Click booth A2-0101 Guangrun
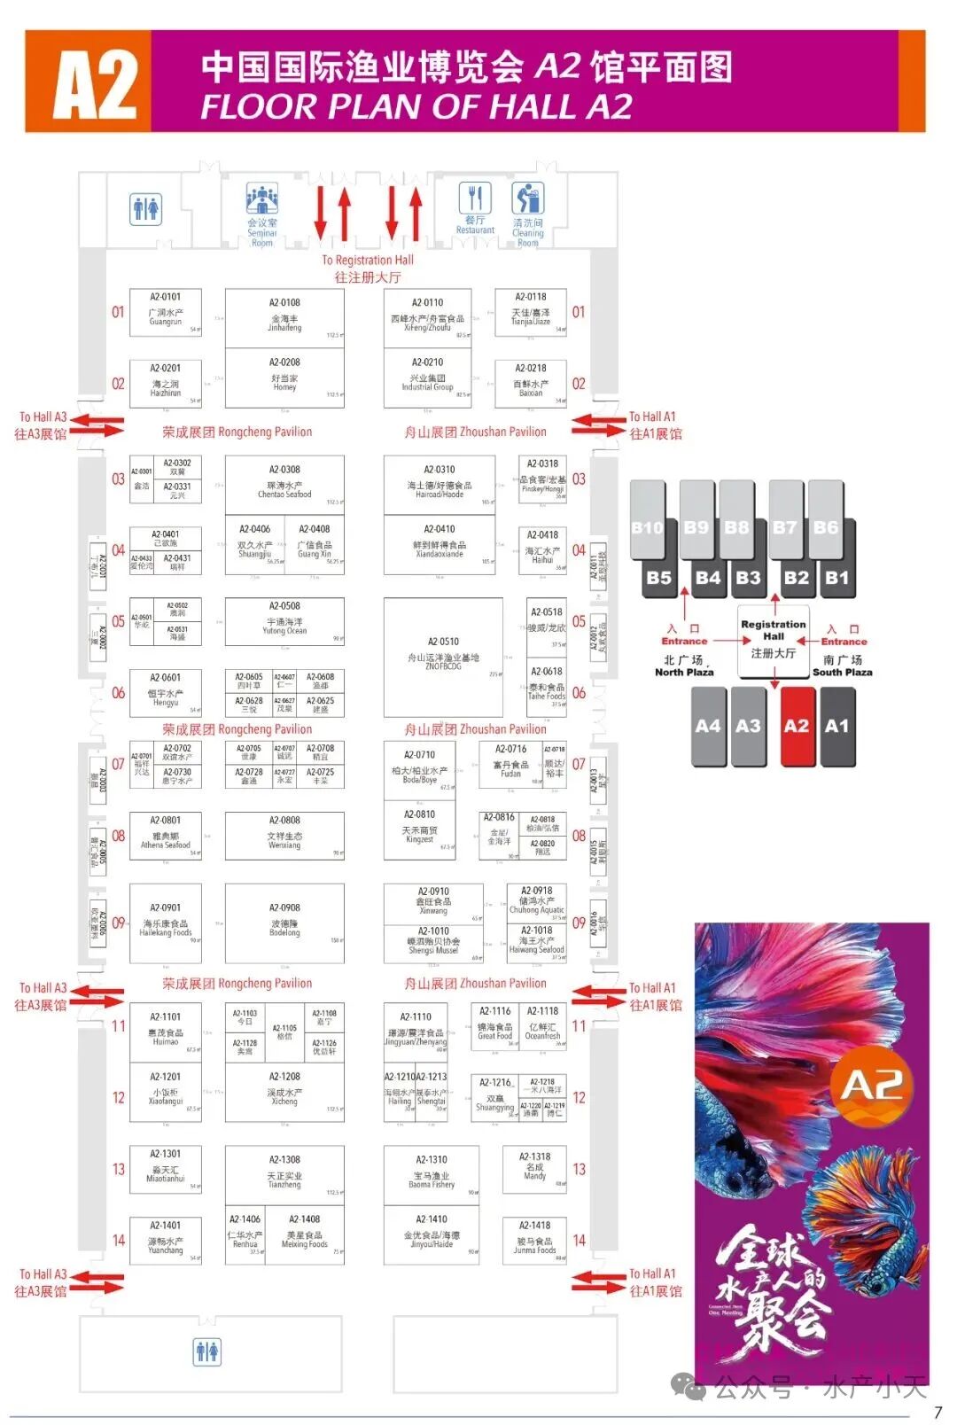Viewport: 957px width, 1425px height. [x=166, y=312]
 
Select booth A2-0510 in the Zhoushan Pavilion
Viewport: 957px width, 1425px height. [x=443, y=657]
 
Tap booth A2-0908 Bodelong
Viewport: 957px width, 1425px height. [x=284, y=922]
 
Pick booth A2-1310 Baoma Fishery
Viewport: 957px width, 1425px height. [x=432, y=1174]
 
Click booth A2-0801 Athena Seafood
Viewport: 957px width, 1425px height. [x=166, y=834]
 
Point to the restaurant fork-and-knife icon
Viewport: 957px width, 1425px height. [x=475, y=198]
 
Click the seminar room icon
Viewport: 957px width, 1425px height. [x=262, y=200]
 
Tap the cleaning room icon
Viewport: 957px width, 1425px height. [x=528, y=199]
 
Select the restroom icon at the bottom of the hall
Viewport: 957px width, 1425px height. [x=207, y=1351]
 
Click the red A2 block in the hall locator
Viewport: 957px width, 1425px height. [x=796, y=727]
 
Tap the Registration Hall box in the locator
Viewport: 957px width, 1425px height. [x=774, y=639]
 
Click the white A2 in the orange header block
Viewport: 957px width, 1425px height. [x=95, y=84]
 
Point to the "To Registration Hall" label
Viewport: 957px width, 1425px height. [x=367, y=260]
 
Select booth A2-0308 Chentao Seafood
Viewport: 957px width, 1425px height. [x=284, y=484]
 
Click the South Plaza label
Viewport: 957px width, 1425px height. [x=842, y=672]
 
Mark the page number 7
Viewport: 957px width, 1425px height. [x=938, y=1412]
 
